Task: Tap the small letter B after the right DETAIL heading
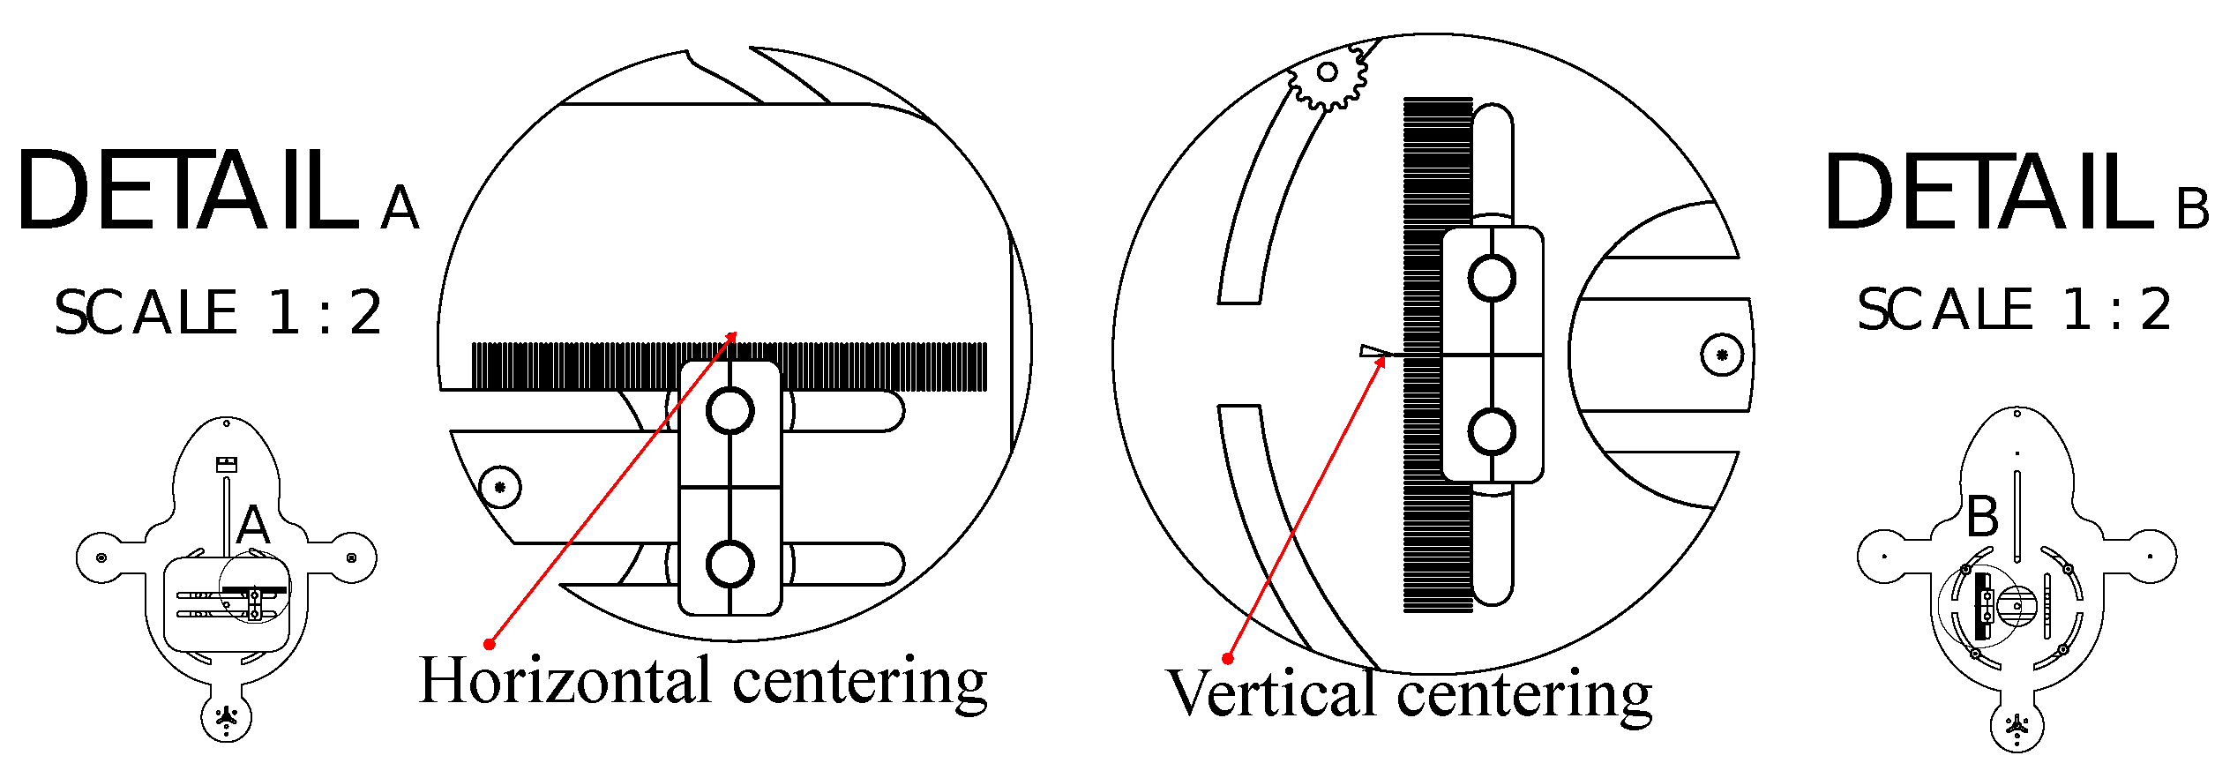(2192, 209)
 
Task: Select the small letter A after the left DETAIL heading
(400, 208)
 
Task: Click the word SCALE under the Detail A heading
(146, 312)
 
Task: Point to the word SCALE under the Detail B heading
(1944, 310)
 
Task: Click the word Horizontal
(565, 681)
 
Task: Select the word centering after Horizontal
(859, 683)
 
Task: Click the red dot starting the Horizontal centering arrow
(490, 644)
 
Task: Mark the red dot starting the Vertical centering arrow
(1227, 658)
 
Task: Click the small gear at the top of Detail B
(1328, 73)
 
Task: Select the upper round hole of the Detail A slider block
(730, 411)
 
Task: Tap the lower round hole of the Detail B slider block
(1492, 432)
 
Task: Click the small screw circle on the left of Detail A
(500, 487)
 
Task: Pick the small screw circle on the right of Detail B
(1721, 355)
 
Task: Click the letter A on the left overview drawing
(253, 526)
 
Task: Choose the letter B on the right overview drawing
(1983, 518)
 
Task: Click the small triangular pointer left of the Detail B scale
(1373, 351)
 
